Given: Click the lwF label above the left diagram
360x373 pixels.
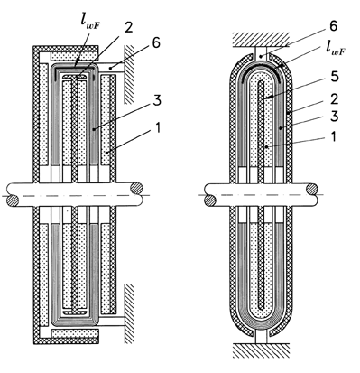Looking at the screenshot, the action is point(90,25).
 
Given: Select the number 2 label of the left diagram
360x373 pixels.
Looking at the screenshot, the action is point(128,28).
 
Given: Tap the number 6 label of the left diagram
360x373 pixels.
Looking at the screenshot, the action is point(156,43).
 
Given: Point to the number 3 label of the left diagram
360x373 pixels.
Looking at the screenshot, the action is point(157,100).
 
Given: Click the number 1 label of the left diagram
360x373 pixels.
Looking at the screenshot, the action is point(158,128).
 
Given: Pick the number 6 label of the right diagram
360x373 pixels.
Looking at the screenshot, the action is point(333,26).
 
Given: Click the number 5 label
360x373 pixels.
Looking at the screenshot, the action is point(334,77).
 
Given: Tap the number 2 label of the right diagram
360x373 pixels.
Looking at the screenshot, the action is point(334,99).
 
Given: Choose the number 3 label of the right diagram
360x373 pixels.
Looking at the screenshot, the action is point(334,117).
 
